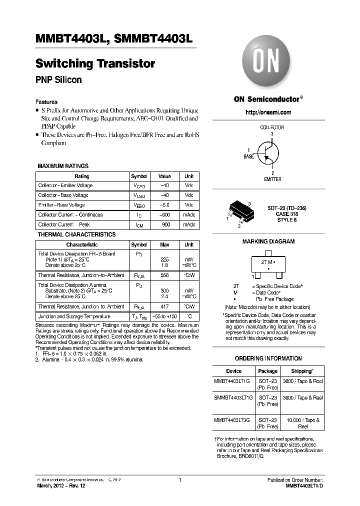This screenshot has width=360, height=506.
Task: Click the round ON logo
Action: pyautogui.click(x=268, y=64)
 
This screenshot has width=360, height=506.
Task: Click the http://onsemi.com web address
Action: pyautogui.click(x=268, y=112)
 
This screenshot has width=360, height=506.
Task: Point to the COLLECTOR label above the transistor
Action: pyautogui.click(x=271, y=127)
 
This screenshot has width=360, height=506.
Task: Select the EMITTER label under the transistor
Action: pyautogui.click(x=272, y=179)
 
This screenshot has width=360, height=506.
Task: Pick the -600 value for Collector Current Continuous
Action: pyautogui.click(x=164, y=215)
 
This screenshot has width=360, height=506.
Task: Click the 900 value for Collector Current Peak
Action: pyautogui.click(x=164, y=224)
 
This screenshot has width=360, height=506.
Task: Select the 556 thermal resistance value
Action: pyautogui.click(x=164, y=275)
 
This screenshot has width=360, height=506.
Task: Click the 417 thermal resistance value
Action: pyautogui.click(x=164, y=306)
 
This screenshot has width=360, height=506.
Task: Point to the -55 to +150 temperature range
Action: pyautogui.click(x=164, y=316)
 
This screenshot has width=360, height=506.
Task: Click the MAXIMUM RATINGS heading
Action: pyautogui.click(x=63, y=166)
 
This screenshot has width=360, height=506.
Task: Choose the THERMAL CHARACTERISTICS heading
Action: pyautogui.click(x=76, y=234)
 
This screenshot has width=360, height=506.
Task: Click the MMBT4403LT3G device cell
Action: pyautogui.click(x=233, y=420)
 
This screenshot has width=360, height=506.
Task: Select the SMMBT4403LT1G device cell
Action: pyautogui.click(x=233, y=397)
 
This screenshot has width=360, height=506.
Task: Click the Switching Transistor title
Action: pyautogui.click(x=95, y=63)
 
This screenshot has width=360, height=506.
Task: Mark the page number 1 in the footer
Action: pyautogui.click(x=179, y=480)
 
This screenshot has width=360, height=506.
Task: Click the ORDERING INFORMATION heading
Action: pyautogui.click(x=268, y=358)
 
